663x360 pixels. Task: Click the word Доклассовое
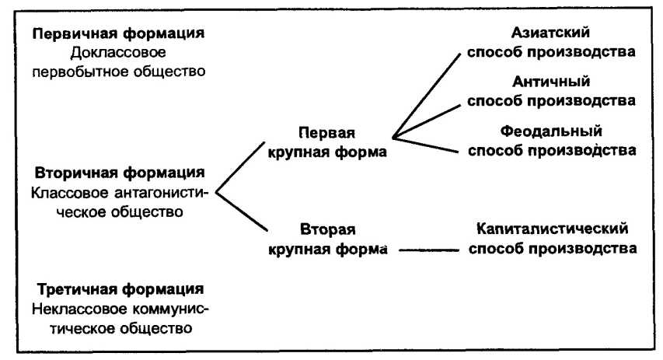[118, 54]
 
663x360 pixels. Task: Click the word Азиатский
[551, 33]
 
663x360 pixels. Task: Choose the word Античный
[551, 82]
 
